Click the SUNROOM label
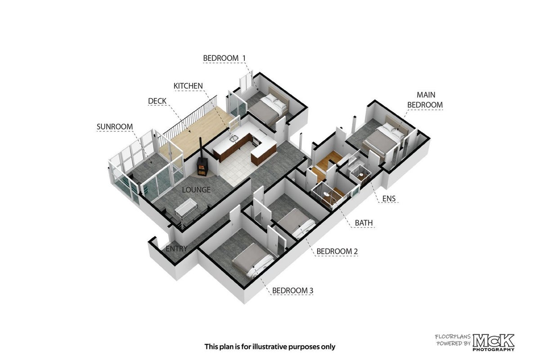115,126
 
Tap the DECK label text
157,101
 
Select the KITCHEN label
188,86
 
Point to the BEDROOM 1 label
224,58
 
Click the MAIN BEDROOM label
425,100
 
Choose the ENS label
389,198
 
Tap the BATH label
364,223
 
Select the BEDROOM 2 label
337,251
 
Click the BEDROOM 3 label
292,291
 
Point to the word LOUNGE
196,190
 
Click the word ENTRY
176,248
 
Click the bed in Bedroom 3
252,261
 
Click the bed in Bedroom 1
268,108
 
